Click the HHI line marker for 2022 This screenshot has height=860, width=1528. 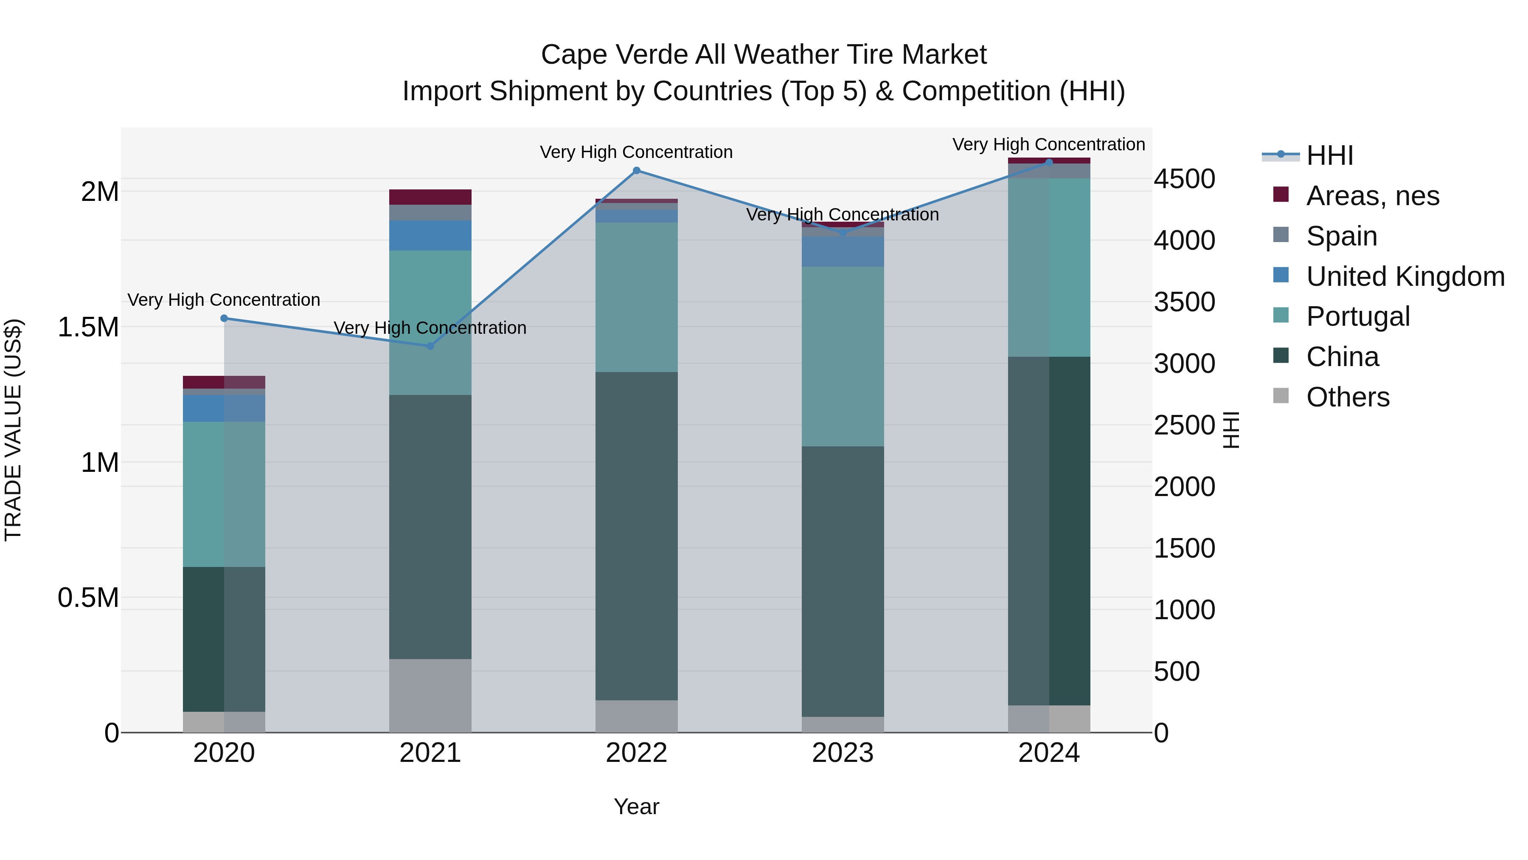point(637,170)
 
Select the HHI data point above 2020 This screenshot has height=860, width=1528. point(224,318)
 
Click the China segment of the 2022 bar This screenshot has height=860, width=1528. point(637,536)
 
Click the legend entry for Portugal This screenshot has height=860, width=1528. point(1358,316)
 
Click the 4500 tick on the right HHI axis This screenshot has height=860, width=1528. point(1184,179)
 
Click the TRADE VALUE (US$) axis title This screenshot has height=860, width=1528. point(13,430)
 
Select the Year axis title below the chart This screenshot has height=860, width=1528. point(637,806)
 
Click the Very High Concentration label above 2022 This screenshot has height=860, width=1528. point(637,152)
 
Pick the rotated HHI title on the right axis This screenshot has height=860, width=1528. point(1231,430)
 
